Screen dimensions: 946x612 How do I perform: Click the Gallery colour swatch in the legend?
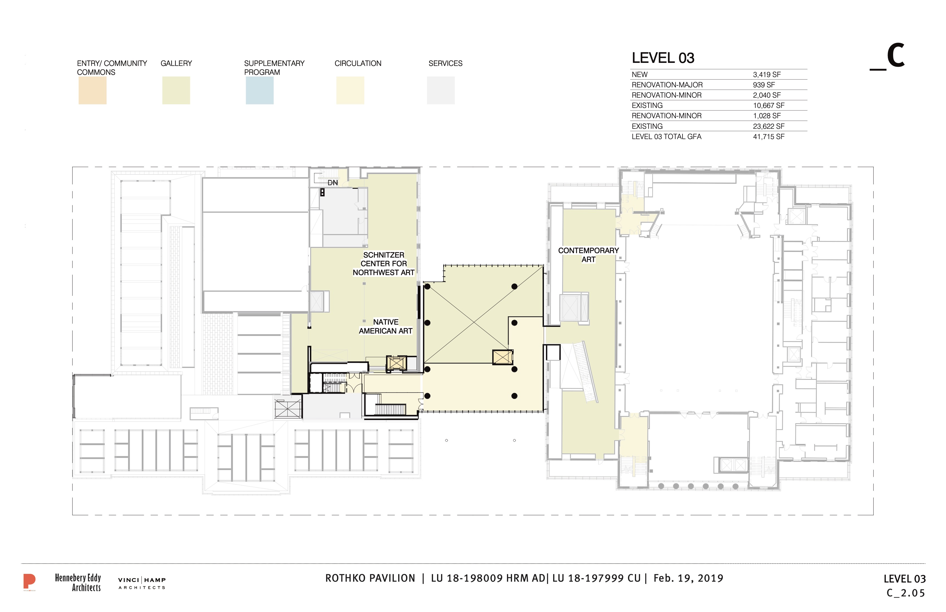(x=176, y=91)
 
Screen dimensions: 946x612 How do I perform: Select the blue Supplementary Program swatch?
(x=260, y=91)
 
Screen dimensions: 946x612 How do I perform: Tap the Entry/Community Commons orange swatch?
(x=92, y=91)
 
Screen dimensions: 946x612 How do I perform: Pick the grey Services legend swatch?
(x=441, y=91)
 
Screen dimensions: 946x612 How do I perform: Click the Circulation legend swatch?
(x=350, y=91)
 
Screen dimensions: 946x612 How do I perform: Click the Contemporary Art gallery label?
(x=588, y=255)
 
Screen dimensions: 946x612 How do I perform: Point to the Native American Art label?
(x=386, y=327)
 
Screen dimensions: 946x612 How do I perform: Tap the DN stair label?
(x=333, y=183)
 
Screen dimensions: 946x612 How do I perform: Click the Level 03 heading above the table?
(x=663, y=58)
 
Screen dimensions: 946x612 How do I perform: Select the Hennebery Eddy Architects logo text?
(x=78, y=583)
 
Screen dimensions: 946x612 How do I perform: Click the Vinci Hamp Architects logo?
(x=142, y=583)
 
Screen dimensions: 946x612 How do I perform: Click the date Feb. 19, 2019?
(x=688, y=578)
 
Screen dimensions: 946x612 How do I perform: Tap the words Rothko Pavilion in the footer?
(x=370, y=578)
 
